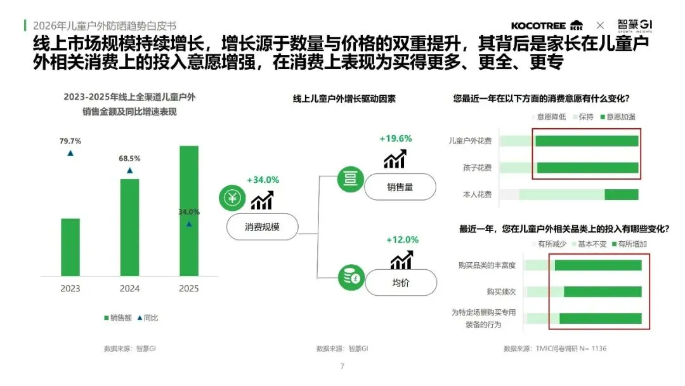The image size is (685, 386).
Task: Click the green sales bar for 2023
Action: click(70, 247)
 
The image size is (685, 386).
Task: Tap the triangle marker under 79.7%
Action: click(70, 154)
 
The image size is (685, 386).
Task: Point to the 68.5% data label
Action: click(129, 158)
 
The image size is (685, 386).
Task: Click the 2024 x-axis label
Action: click(129, 289)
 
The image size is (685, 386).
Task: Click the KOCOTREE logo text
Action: click(539, 25)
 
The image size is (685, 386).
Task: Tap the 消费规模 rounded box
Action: click(262, 227)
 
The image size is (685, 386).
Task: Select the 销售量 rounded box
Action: click(400, 187)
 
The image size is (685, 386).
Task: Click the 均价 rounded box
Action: click(400, 283)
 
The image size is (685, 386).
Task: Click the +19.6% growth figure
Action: click(396, 138)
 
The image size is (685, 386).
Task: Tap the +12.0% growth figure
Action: click(402, 239)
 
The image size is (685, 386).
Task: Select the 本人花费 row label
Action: click(478, 194)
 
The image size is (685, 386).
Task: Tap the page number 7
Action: click(342, 366)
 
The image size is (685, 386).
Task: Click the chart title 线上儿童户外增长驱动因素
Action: click(344, 99)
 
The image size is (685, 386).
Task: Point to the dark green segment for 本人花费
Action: click(621, 194)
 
